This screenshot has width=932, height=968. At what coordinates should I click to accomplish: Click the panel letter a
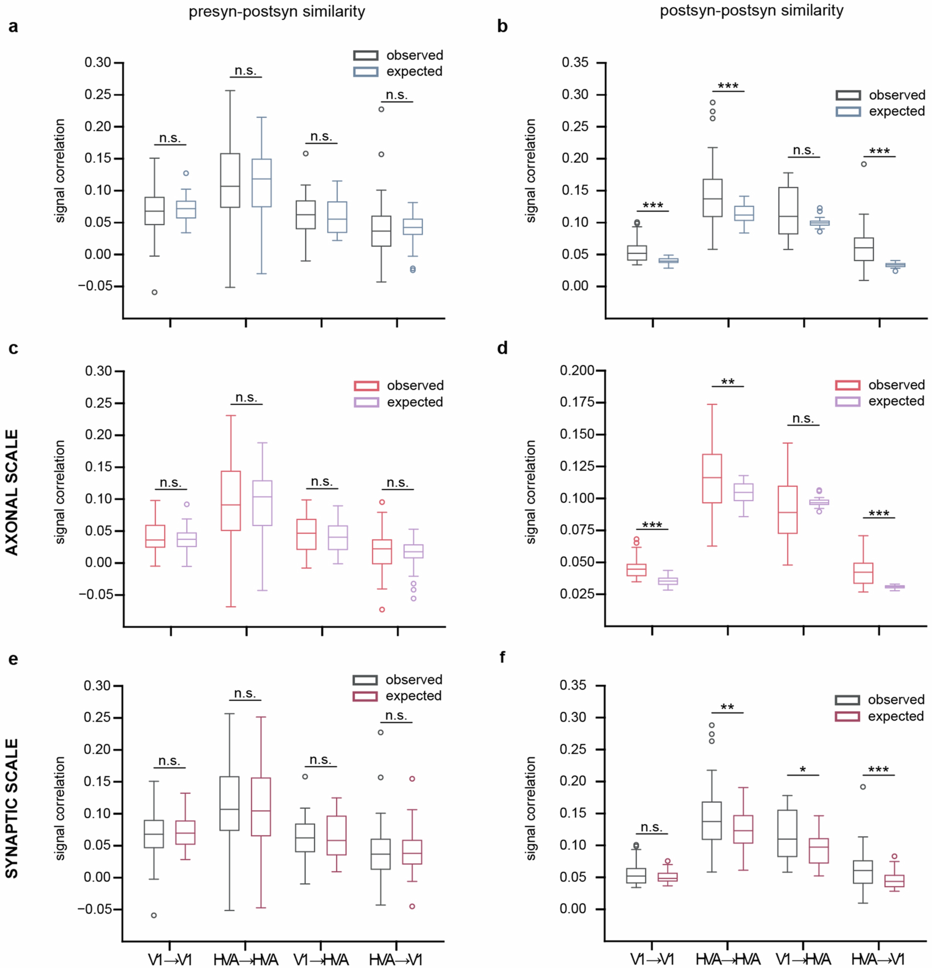click(x=13, y=26)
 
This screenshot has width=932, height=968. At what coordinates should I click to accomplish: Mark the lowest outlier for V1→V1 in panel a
click(x=155, y=292)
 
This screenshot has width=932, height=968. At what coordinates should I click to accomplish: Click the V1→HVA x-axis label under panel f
click(x=803, y=960)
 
